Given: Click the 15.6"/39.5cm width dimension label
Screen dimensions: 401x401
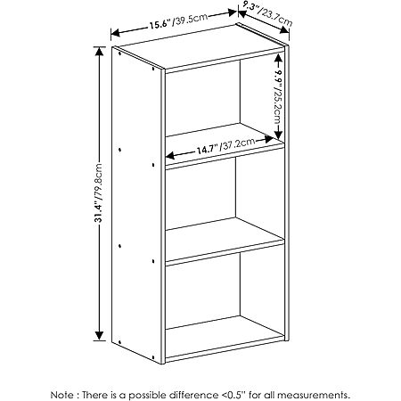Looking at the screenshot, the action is click(x=178, y=20).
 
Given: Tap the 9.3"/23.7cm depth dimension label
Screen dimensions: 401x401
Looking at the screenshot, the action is click(x=267, y=14).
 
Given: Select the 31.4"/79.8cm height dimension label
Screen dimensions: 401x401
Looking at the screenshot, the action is click(x=98, y=192).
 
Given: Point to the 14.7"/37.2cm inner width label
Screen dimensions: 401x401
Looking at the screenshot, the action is click(x=225, y=145).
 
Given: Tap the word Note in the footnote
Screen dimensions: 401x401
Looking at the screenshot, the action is click(x=61, y=395).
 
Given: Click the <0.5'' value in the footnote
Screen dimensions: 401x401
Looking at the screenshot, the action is click(x=233, y=395).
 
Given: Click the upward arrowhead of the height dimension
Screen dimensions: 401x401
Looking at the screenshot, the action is click(x=99, y=51).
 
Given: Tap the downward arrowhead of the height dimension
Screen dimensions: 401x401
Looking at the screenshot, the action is click(x=99, y=336).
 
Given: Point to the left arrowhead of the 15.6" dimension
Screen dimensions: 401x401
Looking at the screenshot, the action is click(x=115, y=33).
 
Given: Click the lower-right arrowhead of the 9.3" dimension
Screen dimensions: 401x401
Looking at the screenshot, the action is click(x=284, y=29).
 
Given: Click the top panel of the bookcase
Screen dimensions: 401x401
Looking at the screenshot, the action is click(x=200, y=47).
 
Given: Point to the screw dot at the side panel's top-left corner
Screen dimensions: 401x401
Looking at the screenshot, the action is click(x=119, y=54).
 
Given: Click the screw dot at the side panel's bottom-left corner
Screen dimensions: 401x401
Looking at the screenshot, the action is click(x=119, y=342).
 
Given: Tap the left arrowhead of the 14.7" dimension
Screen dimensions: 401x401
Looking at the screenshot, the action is click(x=170, y=156).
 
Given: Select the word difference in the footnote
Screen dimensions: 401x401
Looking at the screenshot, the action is click(x=193, y=395).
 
